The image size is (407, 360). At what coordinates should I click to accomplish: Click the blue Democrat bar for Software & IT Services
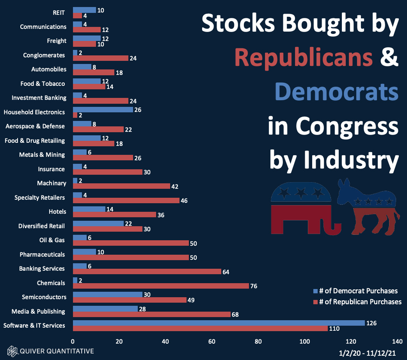[x=219, y=323]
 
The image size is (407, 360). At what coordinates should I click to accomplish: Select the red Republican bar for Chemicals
[x=161, y=286]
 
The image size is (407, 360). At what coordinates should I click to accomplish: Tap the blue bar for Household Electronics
[x=103, y=110]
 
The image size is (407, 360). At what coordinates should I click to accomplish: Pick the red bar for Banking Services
[x=147, y=271]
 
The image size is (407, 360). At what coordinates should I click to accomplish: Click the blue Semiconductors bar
[x=107, y=294]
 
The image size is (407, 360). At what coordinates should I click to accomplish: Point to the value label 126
[x=372, y=323]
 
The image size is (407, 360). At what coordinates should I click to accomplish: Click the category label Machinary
[x=52, y=183]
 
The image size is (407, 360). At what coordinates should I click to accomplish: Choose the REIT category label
[x=59, y=12]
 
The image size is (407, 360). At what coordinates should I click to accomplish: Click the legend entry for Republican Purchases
[x=357, y=301]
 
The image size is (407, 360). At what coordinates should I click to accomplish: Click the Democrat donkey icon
[x=368, y=206]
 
